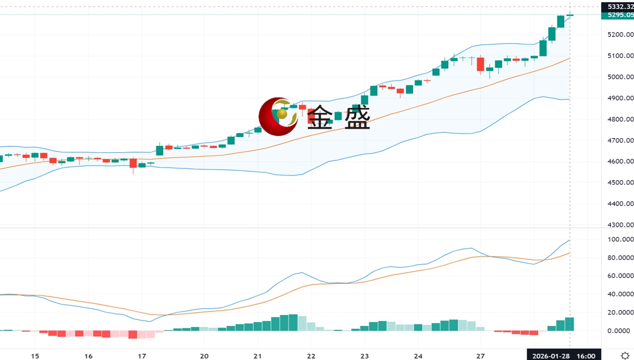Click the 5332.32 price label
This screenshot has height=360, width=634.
(617, 7)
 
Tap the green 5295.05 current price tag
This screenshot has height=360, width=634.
(617, 15)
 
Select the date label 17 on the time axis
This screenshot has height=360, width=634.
(141, 356)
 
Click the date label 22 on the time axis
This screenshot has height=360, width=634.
(311, 356)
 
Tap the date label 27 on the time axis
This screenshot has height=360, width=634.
(480, 356)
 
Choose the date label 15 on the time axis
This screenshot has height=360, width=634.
(35, 356)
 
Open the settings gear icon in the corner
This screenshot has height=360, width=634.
(624, 356)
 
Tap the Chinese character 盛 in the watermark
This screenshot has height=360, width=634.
(357, 117)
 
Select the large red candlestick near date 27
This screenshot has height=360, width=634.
(481, 64)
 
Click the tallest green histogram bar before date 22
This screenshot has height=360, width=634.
(293, 322)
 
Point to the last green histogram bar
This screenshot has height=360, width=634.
(569, 324)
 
